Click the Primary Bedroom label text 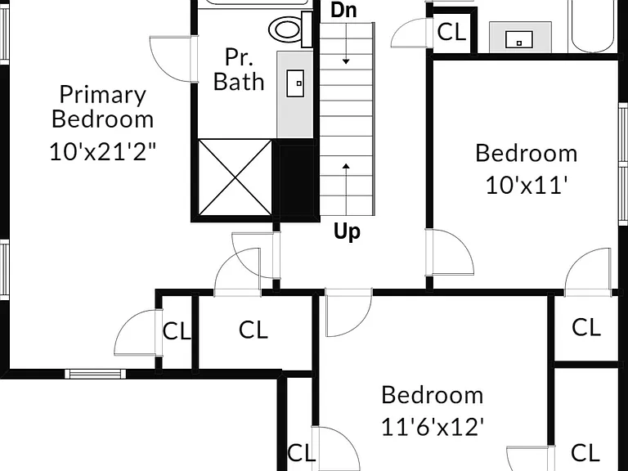point(102,107)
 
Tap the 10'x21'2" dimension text point(102,152)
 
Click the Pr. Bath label point(239,70)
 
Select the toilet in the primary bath point(290,29)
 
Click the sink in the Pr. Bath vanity point(295,83)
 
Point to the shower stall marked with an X point(235,177)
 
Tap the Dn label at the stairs point(343,10)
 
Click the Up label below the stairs point(347,231)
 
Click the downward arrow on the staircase point(346,43)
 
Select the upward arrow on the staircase point(347,189)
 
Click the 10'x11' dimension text point(527,186)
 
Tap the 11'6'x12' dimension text point(433,427)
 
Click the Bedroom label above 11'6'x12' point(433,395)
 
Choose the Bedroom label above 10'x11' point(527,153)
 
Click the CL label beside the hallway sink point(451,32)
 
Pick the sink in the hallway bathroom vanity point(519,39)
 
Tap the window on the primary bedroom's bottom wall point(96,374)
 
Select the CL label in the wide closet point(253,330)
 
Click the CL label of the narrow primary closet point(177,331)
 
